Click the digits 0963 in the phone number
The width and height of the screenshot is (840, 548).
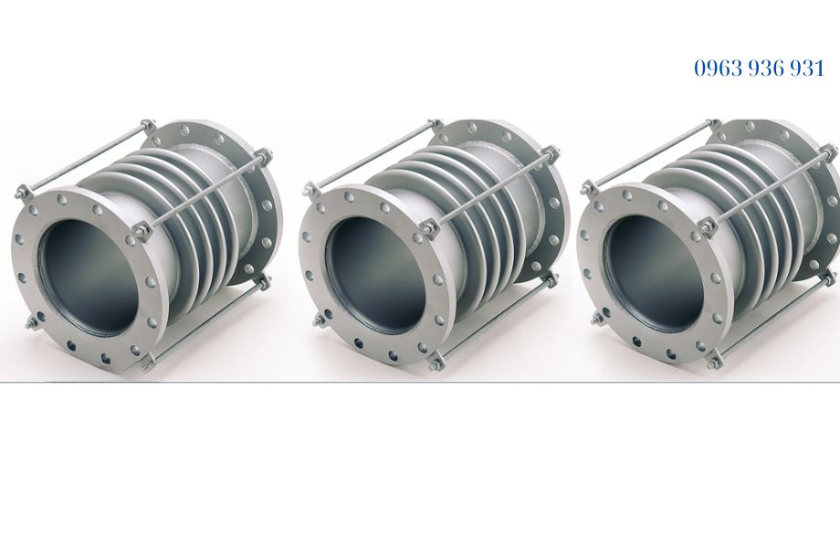(x=715, y=68)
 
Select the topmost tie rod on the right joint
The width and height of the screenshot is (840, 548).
(x=653, y=155)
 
